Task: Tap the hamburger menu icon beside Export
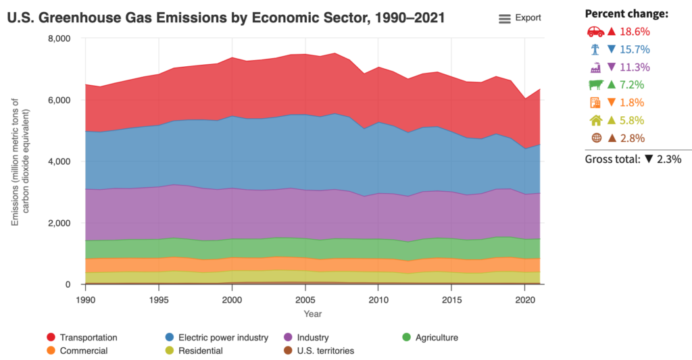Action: [505, 19]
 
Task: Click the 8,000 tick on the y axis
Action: [59, 38]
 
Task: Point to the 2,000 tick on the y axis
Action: [59, 223]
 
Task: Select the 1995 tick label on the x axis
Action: [158, 298]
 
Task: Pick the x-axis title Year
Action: [313, 314]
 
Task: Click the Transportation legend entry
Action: [88, 337]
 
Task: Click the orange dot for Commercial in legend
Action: [51, 351]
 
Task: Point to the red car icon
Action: [595, 32]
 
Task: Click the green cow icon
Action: [595, 85]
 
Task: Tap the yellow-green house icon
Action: [595, 120]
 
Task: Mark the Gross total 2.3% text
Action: [633, 159]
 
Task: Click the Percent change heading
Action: [626, 14]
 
